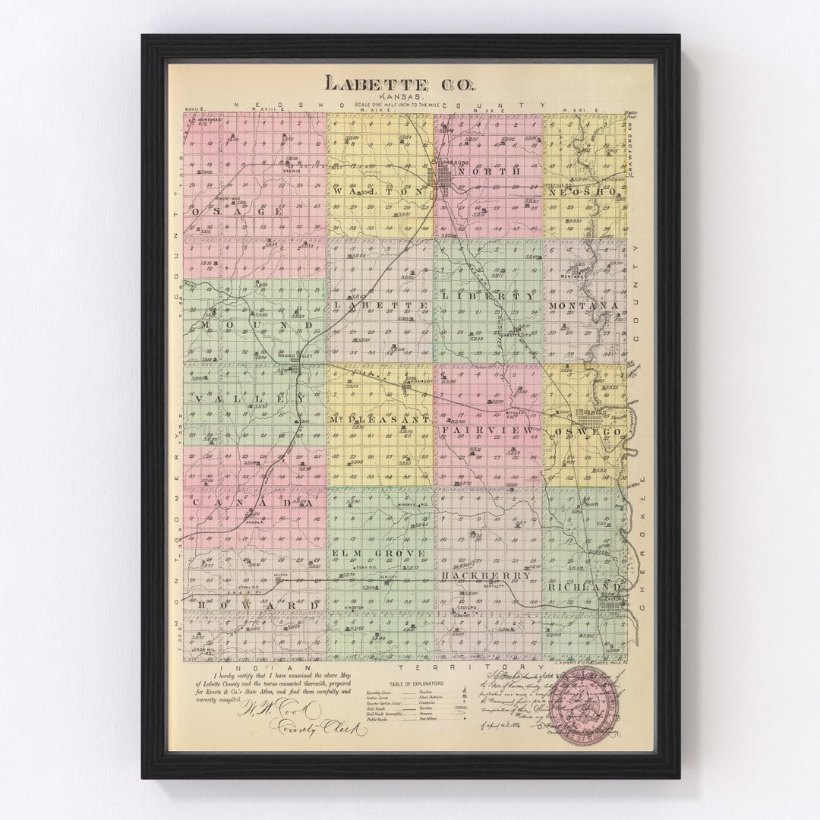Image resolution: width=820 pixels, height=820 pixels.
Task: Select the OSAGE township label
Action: [238, 211]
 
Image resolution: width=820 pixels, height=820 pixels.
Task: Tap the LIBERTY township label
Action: [487, 296]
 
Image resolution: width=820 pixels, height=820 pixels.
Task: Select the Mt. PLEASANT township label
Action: [380, 419]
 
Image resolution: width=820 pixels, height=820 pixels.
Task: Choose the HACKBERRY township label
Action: [486, 576]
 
